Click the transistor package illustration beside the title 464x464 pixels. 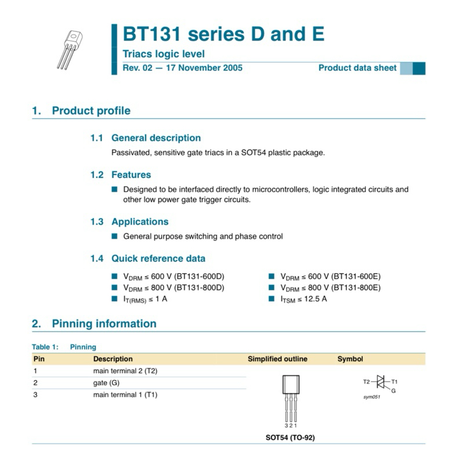70,50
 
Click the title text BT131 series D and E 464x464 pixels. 223,34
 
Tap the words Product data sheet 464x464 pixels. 357,68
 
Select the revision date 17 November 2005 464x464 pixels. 204,68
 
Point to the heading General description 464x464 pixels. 156,138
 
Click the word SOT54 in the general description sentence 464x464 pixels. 253,153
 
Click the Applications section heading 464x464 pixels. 140,222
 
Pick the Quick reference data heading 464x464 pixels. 158,258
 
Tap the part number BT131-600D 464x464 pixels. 199,277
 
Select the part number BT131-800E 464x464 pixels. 356,288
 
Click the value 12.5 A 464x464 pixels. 316,299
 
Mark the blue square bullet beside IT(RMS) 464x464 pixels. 114,299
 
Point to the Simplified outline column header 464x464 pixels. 278,359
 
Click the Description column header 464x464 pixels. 113,359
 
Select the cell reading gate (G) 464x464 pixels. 106,383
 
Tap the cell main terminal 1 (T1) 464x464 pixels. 125,395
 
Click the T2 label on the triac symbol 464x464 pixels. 367,382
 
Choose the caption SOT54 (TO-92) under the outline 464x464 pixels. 291,437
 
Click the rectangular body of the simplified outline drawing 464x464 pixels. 291,385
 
